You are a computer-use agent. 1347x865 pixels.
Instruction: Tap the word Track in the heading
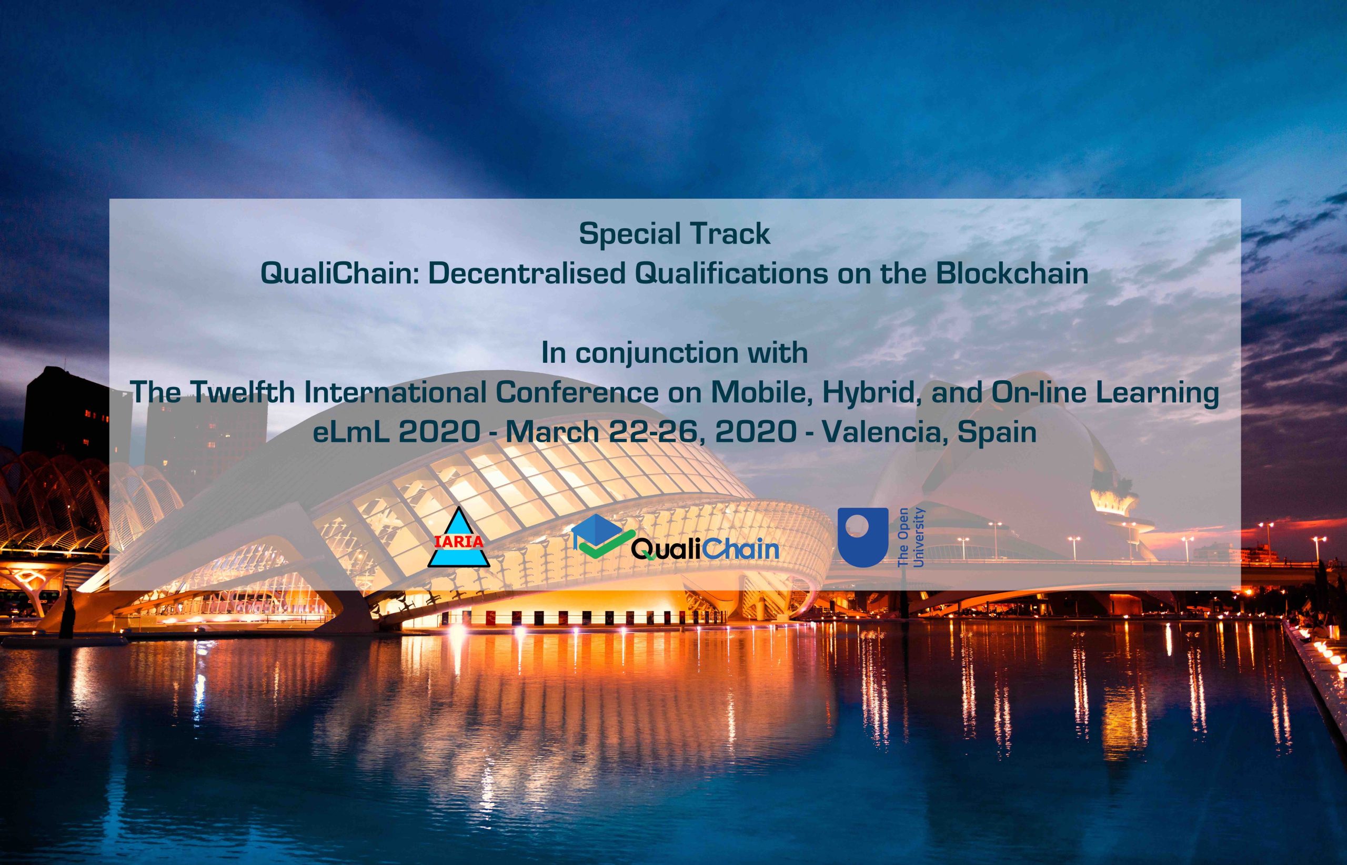(726, 233)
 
